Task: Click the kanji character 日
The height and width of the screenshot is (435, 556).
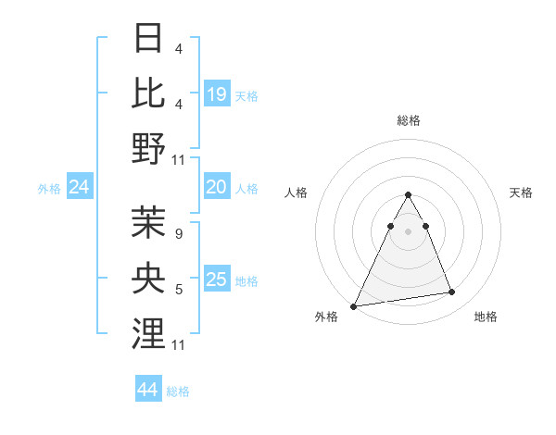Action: [149, 39]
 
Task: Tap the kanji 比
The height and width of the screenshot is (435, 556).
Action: [149, 93]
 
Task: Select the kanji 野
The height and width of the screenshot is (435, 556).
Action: [149, 148]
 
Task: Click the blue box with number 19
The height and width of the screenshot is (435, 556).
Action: [217, 93]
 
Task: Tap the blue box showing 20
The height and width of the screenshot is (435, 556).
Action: [217, 188]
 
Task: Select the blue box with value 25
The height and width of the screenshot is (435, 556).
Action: [217, 280]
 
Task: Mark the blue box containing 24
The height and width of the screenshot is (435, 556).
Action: [80, 188]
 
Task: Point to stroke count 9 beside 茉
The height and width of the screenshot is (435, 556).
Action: [178, 235]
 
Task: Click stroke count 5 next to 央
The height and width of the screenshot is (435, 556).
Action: [178, 290]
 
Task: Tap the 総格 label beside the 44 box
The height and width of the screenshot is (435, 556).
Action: [178, 391]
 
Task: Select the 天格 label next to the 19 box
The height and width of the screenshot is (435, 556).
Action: [246, 95]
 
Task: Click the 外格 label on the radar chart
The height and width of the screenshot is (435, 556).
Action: [326, 317]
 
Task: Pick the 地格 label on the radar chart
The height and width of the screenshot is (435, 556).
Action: [486, 317]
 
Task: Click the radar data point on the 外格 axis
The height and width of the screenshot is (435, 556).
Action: [354, 305]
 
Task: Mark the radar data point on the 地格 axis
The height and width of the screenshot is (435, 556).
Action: [452, 292]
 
